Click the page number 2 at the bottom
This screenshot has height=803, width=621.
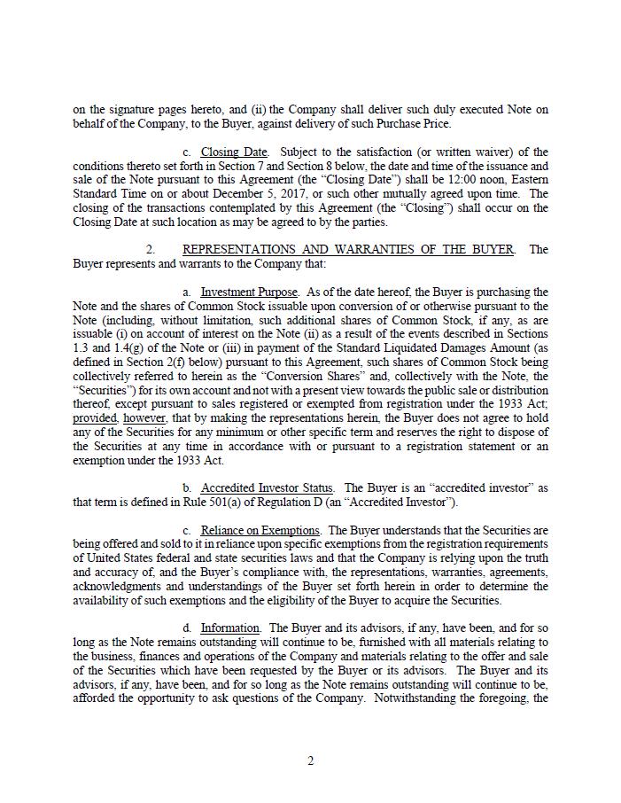click(310, 760)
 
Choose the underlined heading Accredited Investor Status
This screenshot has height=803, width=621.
click(268, 488)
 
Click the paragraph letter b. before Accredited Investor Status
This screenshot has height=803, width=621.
click(188, 488)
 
